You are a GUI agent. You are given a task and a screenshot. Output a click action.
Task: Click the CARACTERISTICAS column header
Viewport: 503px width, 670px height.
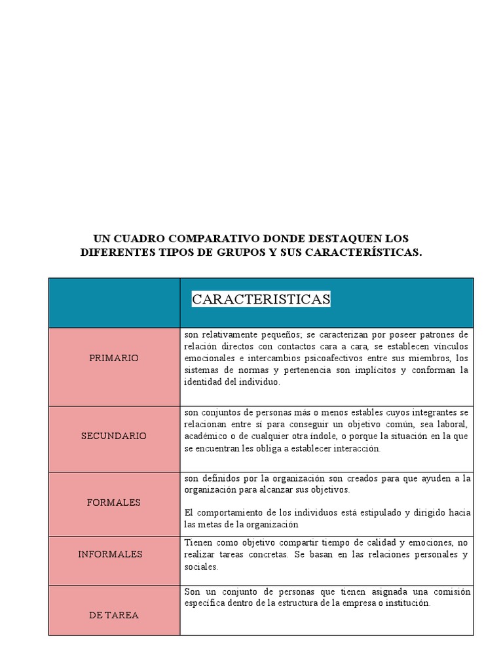(x=261, y=300)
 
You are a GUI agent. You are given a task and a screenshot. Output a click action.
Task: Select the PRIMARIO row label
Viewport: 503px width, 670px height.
(x=114, y=359)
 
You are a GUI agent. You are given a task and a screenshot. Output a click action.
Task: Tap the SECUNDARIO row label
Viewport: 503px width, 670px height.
(x=114, y=436)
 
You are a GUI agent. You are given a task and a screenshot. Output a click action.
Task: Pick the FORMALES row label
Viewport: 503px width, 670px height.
(x=114, y=502)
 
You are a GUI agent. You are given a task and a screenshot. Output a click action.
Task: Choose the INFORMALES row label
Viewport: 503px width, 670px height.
(x=110, y=554)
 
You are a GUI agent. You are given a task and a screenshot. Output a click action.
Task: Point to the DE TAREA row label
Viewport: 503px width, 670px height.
(x=114, y=615)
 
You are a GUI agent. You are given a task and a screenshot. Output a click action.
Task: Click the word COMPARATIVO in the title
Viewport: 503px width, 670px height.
(x=198, y=239)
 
